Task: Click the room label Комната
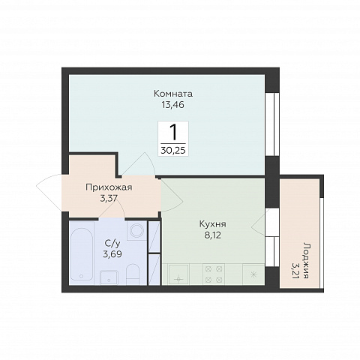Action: (x=173, y=94)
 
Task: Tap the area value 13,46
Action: (x=173, y=105)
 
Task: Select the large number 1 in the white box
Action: (x=173, y=133)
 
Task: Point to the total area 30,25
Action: (x=173, y=150)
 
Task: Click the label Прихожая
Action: (x=109, y=187)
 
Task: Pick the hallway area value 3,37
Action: (x=109, y=199)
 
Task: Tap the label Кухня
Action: (x=213, y=224)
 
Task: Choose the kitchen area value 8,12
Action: (x=213, y=235)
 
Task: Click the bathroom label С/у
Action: (x=112, y=243)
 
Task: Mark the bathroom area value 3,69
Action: (x=112, y=254)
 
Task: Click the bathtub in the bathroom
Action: (x=81, y=253)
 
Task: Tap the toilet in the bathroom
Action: (x=133, y=274)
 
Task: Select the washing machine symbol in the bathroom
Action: (x=136, y=230)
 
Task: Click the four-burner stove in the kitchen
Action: (x=214, y=274)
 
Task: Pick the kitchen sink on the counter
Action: (x=178, y=274)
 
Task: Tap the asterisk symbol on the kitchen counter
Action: (x=253, y=274)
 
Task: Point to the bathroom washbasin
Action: (x=109, y=277)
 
